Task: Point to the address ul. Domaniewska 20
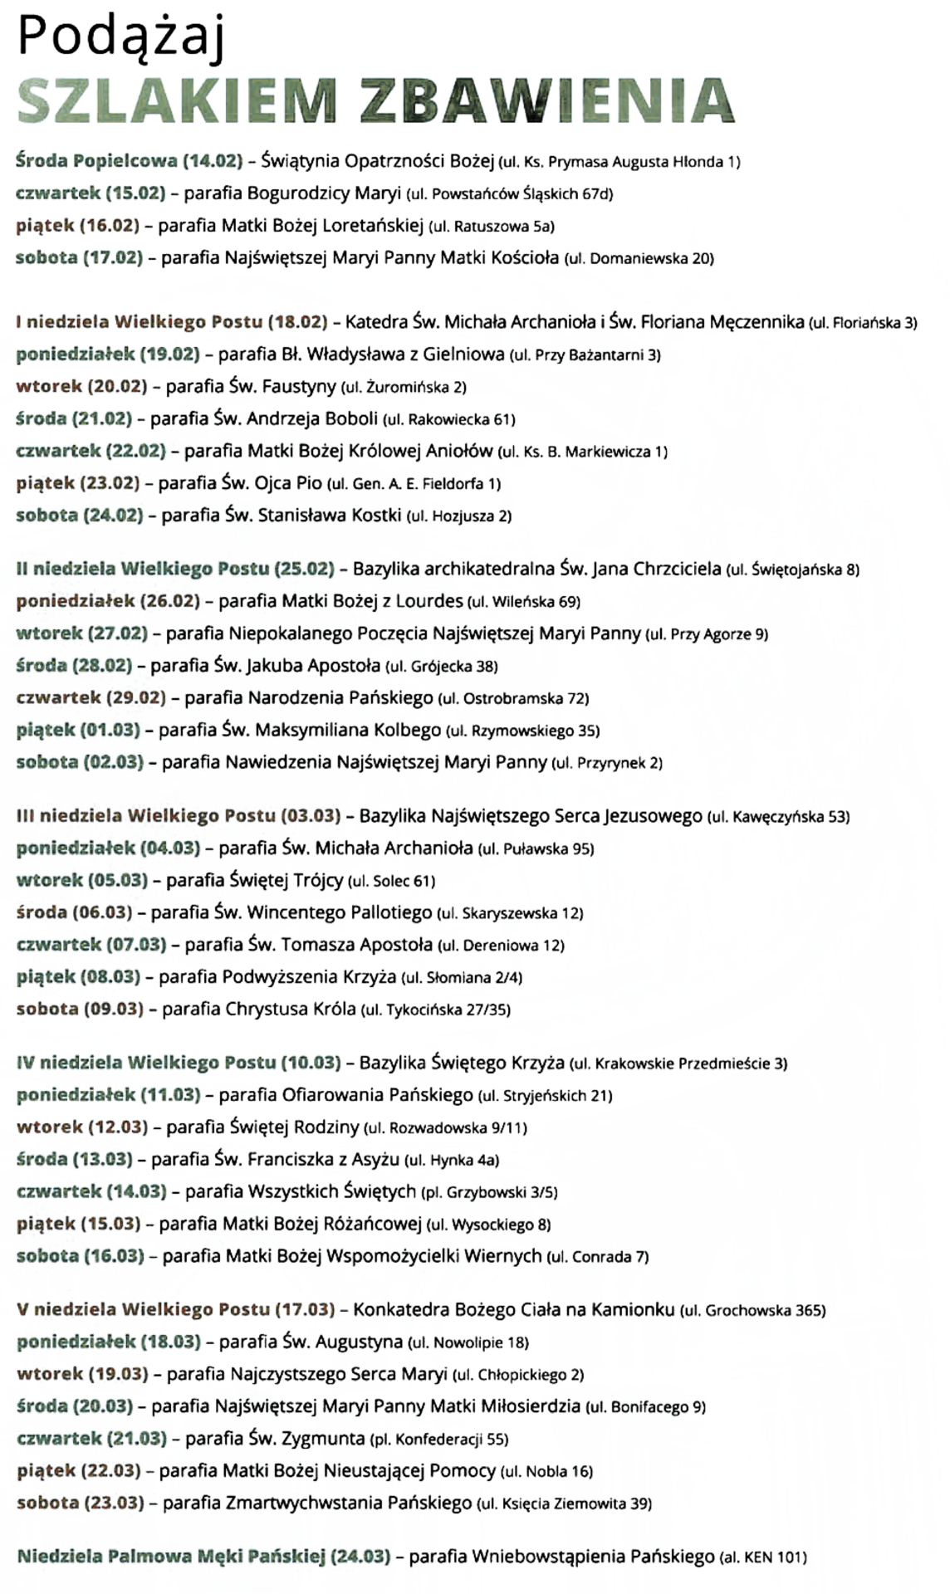pos(639,258)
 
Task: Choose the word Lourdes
pos(429,600)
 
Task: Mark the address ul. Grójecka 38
pos(442,666)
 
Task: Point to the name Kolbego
pos(407,731)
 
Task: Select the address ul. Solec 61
pos(391,880)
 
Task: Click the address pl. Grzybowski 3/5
pos(489,1192)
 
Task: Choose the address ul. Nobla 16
pos(546,1471)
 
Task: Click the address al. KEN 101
pos(763,1557)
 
